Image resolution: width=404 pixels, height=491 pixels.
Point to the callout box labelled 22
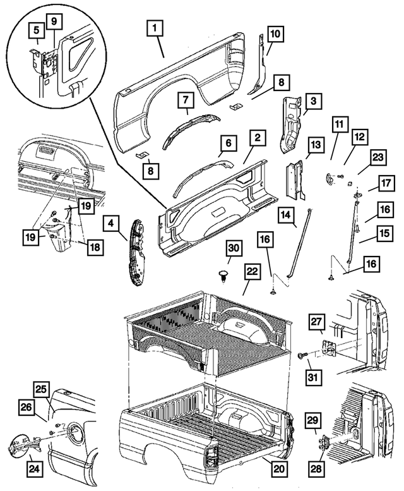pos(252,271)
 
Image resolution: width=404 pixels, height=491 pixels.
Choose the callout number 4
pos(111,223)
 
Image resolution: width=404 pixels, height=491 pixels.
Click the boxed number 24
pos(33,468)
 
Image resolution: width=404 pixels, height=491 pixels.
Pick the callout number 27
pos(316,322)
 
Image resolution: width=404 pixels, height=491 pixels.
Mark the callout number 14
pos(286,215)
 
